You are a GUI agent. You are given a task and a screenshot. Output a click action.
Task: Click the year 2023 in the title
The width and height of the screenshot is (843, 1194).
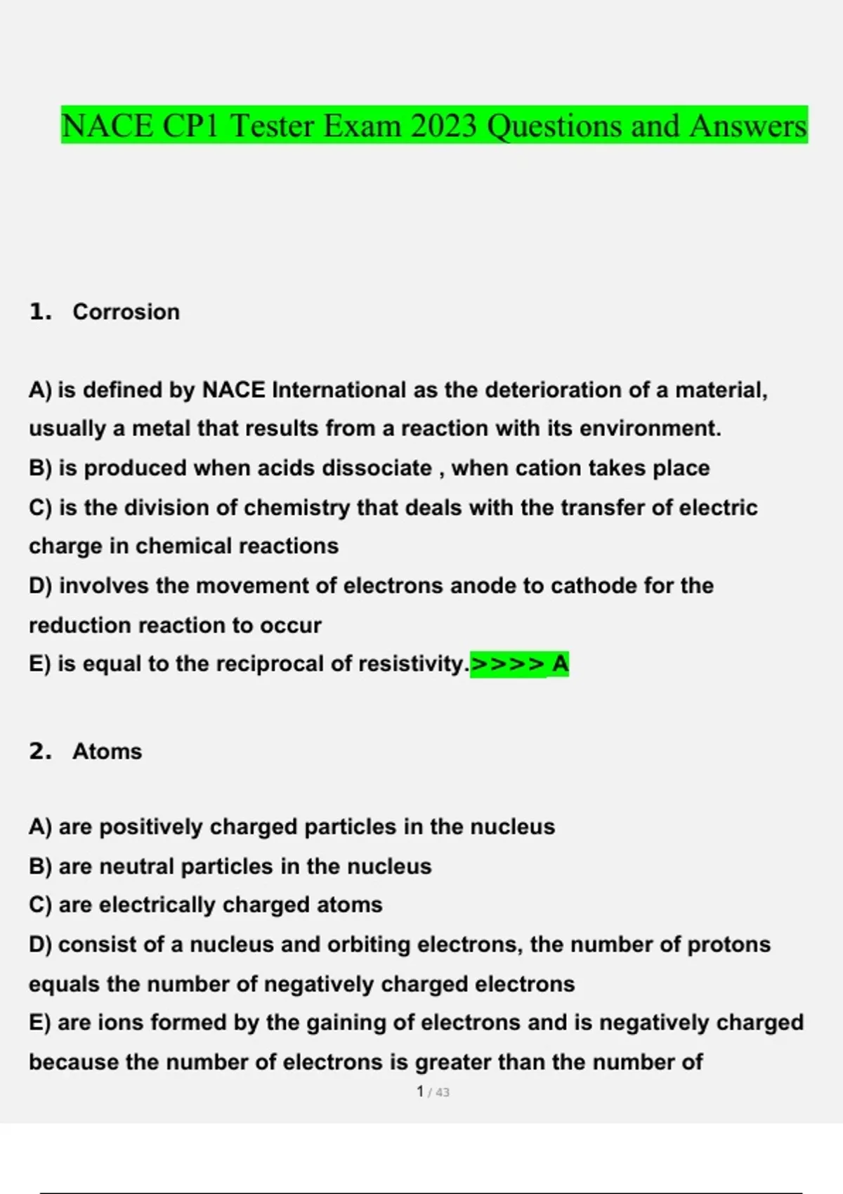tap(444, 126)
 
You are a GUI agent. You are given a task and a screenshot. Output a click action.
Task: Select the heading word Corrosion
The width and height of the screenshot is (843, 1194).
tap(126, 312)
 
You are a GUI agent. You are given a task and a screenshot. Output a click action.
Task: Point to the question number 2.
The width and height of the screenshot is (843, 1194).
tap(40, 752)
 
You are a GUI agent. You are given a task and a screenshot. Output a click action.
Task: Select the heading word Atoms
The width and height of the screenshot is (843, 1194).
tap(107, 752)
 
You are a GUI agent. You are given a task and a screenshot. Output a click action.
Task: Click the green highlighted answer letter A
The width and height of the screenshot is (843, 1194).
tap(560, 664)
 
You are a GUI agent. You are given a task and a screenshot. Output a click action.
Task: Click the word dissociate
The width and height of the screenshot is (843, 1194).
tap(377, 468)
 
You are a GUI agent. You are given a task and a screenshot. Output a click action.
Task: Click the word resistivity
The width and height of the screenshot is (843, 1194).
tap(412, 664)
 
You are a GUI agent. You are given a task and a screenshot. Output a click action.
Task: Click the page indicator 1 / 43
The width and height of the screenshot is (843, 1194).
tap(433, 1092)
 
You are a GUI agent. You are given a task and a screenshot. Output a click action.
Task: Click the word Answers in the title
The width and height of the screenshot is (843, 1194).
tap(748, 126)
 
